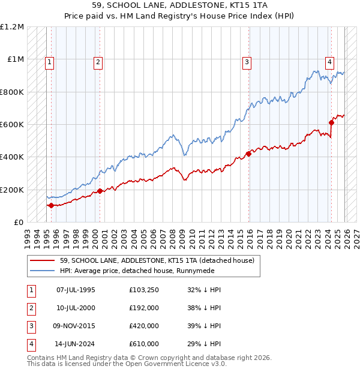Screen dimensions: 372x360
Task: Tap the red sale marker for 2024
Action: tap(331, 123)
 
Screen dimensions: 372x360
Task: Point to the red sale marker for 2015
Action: tap(248, 154)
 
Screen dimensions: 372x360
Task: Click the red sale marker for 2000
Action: tap(100, 191)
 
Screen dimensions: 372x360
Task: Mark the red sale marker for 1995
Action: tap(51, 205)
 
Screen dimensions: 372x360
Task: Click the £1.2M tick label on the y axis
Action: tap(12, 27)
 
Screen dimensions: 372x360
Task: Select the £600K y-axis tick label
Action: tap(12, 125)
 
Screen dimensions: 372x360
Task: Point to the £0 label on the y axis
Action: tap(18, 222)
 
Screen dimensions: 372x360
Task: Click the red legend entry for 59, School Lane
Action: tap(157, 260)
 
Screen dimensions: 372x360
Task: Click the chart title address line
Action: tap(180, 7)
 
